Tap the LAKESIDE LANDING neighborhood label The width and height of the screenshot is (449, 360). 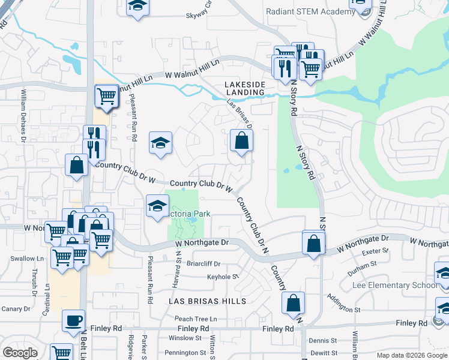click(x=245, y=88)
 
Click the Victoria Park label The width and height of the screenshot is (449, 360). click(x=188, y=214)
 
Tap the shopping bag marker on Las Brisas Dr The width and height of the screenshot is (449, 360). click(x=241, y=141)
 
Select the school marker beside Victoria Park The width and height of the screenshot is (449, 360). click(x=157, y=206)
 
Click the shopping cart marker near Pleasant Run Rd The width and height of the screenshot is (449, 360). click(x=106, y=95)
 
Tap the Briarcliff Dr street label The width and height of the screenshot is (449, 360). click(x=204, y=263)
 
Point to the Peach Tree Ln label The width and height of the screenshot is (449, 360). click(x=196, y=318)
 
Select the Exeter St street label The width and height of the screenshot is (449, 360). click(x=366, y=251)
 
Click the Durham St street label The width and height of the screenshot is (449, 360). click(x=361, y=263)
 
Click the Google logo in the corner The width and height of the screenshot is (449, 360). click(x=20, y=353)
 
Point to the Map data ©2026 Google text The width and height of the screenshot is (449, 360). click(x=411, y=355)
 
